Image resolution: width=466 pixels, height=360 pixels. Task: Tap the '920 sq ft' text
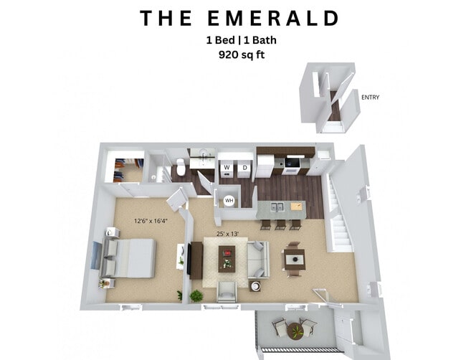232,54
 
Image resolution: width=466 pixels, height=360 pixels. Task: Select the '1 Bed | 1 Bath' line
232,40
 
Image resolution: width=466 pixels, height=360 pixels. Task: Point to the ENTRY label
371,98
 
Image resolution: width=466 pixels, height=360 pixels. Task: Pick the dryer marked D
244,168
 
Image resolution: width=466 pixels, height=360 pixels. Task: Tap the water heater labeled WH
229,201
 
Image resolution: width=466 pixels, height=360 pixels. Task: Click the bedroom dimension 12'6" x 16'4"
150,221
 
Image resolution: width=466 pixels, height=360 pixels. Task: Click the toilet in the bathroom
181,169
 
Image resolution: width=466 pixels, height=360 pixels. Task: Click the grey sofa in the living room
258,259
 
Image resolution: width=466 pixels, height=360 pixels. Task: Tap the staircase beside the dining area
340,219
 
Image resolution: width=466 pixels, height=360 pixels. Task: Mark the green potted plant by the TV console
196,295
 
